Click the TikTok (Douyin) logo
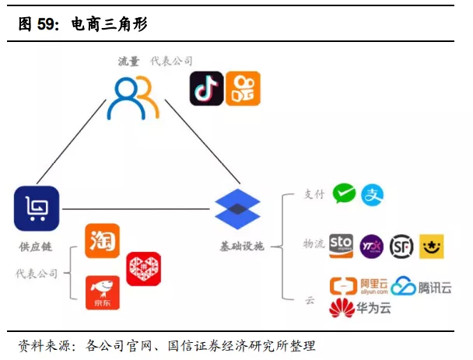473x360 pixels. pos(207,89)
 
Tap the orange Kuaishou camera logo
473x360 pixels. pos(243,89)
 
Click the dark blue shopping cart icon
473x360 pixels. pos(36,208)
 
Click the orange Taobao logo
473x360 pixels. pos(103,240)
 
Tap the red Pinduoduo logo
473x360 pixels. pos(143,268)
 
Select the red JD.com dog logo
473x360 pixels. pos(103,292)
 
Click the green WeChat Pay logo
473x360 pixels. pos(344,194)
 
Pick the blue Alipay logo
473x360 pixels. pos(373,194)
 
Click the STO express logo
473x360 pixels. pos(342,246)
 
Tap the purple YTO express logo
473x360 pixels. pos(372,246)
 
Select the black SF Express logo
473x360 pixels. pos(401,246)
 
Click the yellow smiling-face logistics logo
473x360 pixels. pos(431,246)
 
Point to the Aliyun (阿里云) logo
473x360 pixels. pos(359,286)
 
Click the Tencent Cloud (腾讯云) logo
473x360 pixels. pos(421,287)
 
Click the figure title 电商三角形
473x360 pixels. pos(109,24)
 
